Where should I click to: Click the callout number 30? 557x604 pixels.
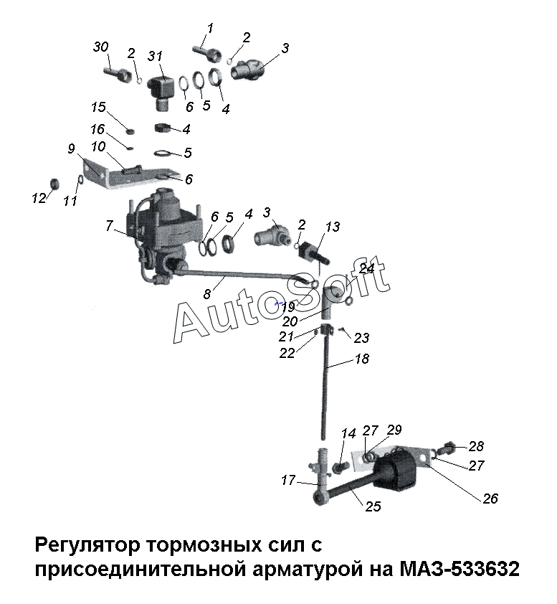click(x=101, y=47)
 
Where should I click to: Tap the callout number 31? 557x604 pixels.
click(x=156, y=56)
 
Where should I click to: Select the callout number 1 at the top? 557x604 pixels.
click(x=210, y=28)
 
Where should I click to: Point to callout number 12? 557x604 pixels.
click(x=39, y=199)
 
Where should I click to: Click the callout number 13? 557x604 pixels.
click(x=333, y=227)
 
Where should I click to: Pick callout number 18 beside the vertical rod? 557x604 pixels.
click(x=361, y=359)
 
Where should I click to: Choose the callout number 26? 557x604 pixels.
click(x=490, y=499)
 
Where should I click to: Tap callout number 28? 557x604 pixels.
click(x=476, y=446)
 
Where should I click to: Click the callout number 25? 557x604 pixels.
click(x=373, y=506)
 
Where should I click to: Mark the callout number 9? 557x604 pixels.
click(x=71, y=148)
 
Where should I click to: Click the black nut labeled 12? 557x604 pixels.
click(x=56, y=184)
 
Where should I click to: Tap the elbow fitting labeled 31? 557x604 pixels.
click(x=160, y=93)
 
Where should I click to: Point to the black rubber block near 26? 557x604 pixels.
click(x=397, y=469)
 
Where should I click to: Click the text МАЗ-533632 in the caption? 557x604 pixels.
click(x=460, y=570)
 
